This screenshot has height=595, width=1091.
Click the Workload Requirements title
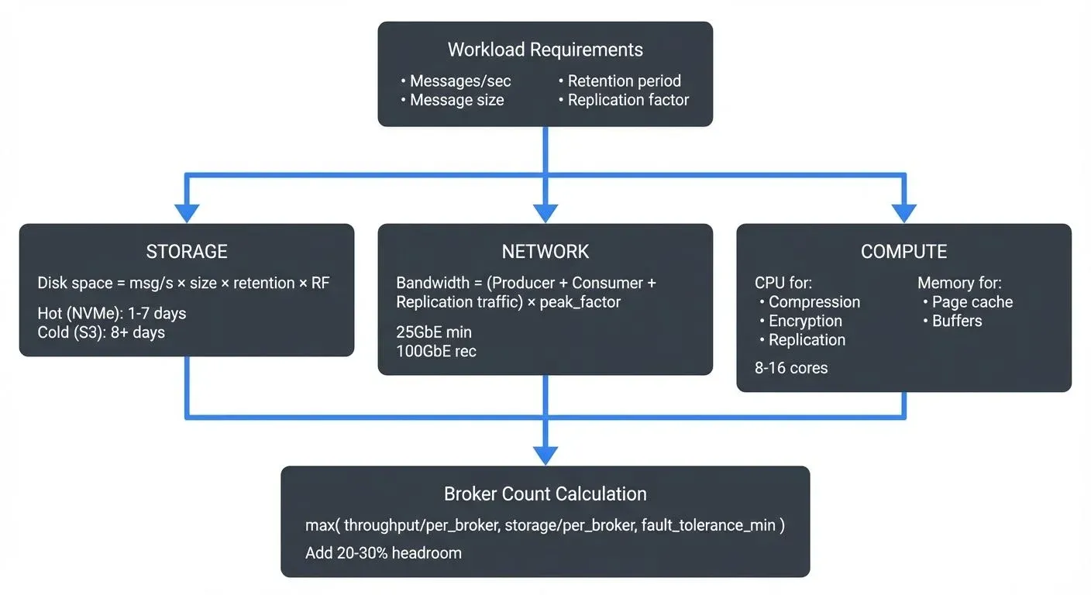coord(545,50)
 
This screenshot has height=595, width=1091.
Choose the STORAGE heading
coord(187,252)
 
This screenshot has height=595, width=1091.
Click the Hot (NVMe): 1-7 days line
coord(112,314)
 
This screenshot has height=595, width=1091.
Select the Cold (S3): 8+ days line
coord(101,332)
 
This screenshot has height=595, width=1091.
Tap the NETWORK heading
coord(545,252)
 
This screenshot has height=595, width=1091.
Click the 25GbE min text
coord(434,332)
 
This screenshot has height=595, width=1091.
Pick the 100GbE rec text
coord(436,351)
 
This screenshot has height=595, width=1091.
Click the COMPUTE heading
coord(903,252)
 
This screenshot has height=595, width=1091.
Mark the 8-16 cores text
coord(791,368)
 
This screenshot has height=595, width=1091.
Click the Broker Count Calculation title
coord(545,494)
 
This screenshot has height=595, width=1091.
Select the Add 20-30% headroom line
coord(384,552)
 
